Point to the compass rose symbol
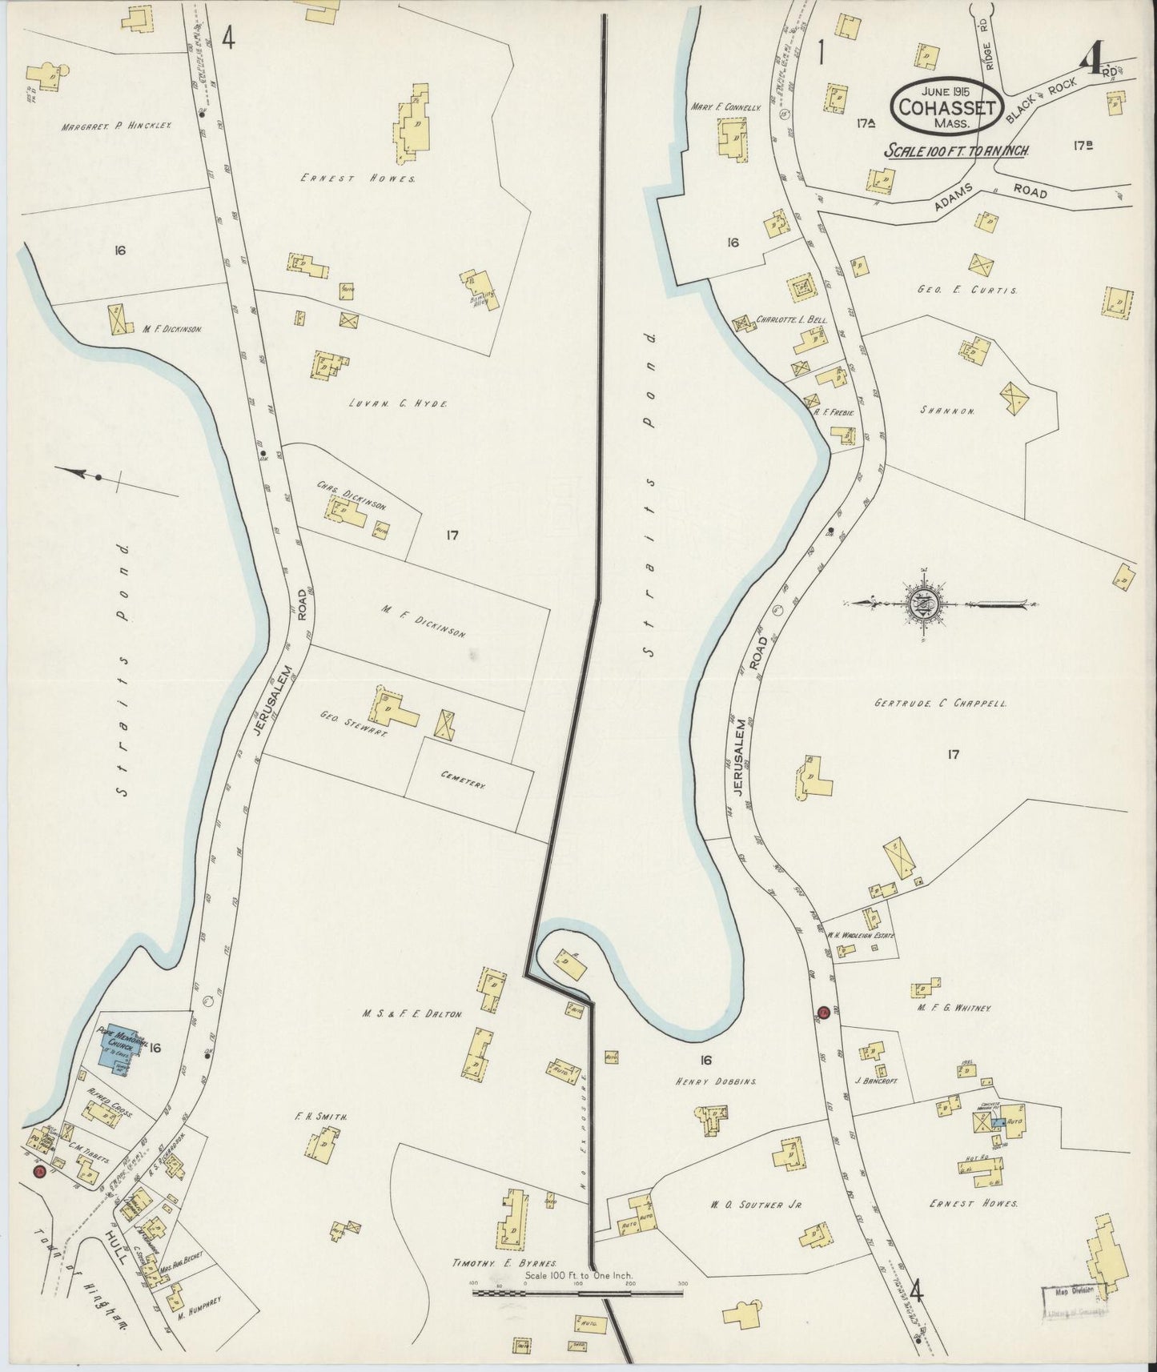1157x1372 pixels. click(926, 603)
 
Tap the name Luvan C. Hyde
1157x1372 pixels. click(398, 403)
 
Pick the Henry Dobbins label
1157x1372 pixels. click(719, 1081)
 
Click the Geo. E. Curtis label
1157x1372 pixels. click(967, 291)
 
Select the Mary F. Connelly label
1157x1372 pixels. click(725, 105)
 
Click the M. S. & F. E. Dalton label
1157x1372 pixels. click(411, 1013)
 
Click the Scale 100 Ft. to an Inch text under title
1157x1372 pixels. click(956, 150)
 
